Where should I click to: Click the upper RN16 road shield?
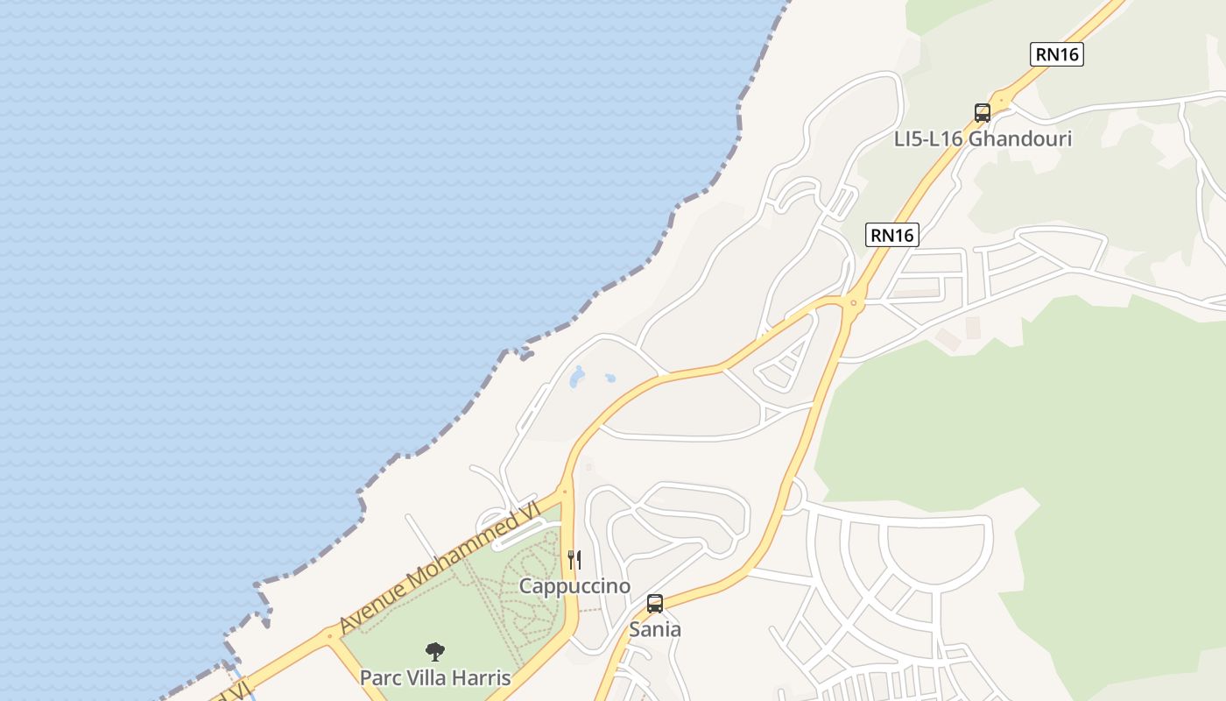tap(1057, 54)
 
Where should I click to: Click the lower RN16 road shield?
tap(892, 235)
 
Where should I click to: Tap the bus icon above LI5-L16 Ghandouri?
tap(983, 113)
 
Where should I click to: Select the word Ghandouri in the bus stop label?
tap(1020, 139)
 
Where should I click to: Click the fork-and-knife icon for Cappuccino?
tap(574, 559)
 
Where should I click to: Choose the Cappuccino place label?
tap(574, 585)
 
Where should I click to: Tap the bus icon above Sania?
tap(655, 603)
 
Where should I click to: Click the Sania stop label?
tap(655, 629)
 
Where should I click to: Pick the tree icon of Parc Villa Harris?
tap(435, 651)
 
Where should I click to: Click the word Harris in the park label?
tap(482, 677)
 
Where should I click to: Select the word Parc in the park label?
tap(379, 677)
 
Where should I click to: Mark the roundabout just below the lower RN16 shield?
tap(852, 303)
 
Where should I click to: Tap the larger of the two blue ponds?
tap(576, 378)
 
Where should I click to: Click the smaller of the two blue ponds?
tap(610, 379)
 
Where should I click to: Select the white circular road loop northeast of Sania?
tap(791, 494)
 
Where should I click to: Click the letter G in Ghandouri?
tap(978, 139)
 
